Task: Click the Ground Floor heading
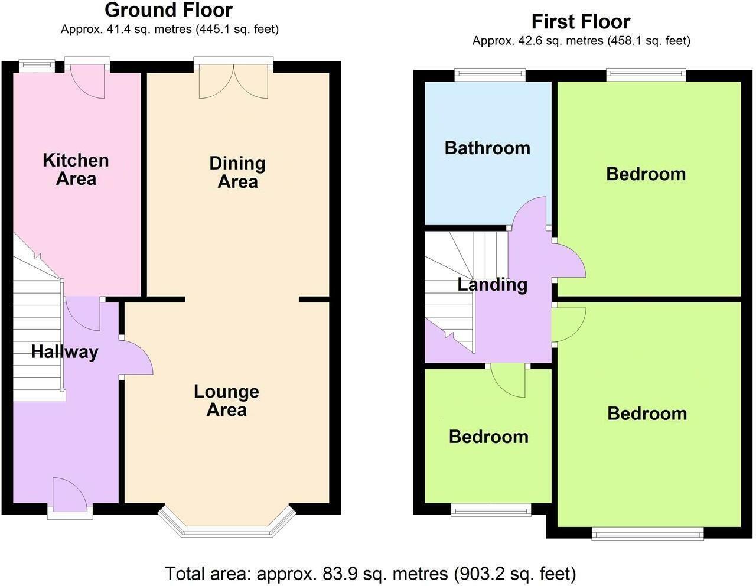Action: point(168,10)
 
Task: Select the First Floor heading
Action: point(581,22)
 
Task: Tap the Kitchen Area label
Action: point(76,170)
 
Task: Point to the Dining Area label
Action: point(237,172)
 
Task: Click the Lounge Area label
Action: point(226,401)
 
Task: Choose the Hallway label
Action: point(64,352)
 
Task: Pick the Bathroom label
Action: point(487,147)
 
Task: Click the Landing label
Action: point(492,284)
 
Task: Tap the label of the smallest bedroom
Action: point(488,437)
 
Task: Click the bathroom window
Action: point(490,74)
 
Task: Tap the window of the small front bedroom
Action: point(491,510)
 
